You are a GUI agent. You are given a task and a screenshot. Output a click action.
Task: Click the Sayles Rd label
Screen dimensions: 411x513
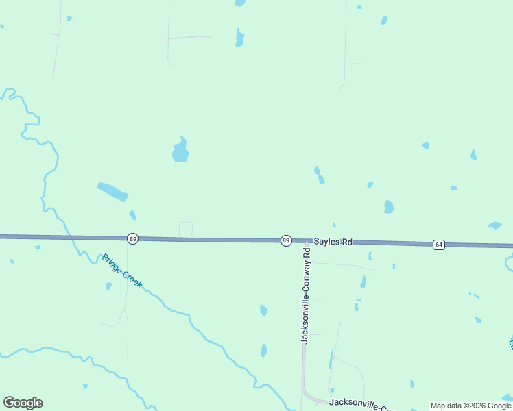coord(333,242)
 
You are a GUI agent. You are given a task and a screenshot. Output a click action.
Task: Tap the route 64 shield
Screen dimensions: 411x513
coord(438,245)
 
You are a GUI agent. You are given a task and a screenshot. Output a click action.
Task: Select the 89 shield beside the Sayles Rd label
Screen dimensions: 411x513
coord(286,240)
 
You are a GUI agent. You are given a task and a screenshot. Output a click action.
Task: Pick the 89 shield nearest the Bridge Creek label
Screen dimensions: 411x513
coord(132,238)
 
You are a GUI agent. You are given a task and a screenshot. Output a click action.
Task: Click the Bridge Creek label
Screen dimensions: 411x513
coord(121,271)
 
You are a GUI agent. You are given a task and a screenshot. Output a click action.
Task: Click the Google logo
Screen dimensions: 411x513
coord(23,403)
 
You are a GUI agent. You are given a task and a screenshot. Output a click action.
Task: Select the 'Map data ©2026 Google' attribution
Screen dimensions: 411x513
coord(470,406)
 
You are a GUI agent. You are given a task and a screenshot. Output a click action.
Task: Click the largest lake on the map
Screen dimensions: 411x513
coord(180,151)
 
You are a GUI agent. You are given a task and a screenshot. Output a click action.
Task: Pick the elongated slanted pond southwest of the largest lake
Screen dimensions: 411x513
coord(112,191)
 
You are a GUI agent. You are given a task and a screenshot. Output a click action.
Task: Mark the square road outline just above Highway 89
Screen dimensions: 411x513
coord(185,229)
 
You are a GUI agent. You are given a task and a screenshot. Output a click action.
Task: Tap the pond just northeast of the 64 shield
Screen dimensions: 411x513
coord(494,225)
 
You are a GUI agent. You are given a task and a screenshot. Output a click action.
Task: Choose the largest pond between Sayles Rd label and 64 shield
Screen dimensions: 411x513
coord(389,206)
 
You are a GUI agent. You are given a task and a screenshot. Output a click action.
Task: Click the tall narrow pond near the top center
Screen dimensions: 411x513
coord(239,37)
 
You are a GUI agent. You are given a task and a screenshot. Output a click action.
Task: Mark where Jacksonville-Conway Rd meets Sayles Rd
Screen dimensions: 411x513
coord(305,242)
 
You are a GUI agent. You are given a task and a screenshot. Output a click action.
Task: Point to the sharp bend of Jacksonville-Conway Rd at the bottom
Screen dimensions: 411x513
coord(307,395)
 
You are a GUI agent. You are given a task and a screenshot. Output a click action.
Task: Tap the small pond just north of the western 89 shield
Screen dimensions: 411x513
coord(132,215)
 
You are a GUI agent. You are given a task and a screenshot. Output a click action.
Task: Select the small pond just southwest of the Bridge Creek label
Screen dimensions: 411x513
coord(108,286)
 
